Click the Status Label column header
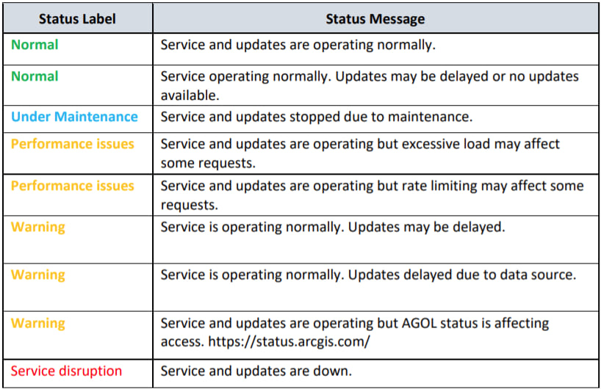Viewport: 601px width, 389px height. click(76, 19)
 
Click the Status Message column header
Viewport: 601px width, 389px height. click(375, 19)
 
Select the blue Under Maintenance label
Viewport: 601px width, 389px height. click(74, 117)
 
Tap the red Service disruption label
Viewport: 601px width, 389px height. click(66, 371)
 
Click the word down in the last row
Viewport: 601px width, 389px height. click(333, 371)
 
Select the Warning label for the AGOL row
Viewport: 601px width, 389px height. click(37, 324)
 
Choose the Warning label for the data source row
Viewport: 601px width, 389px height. click(37, 275)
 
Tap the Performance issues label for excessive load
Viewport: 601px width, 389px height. click(72, 144)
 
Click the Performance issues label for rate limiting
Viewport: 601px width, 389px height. click(72, 186)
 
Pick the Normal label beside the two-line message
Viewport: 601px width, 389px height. click(35, 76)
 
